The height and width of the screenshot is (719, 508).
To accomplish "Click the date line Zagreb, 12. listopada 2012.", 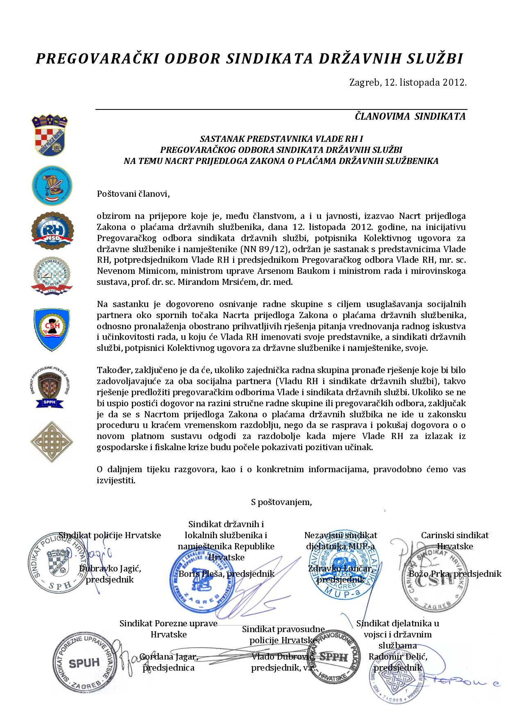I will (x=408, y=82).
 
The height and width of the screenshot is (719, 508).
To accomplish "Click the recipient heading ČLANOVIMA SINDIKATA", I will (x=410, y=116).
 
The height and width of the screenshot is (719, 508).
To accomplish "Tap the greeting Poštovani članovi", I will (x=133, y=193).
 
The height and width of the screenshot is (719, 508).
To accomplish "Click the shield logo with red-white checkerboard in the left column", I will (x=50, y=138).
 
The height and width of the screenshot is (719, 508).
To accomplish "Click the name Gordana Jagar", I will (x=168, y=657).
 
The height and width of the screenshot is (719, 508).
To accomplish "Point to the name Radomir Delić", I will (x=398, y=657).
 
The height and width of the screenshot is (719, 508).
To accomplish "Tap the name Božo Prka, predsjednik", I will (x=455, y=573).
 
